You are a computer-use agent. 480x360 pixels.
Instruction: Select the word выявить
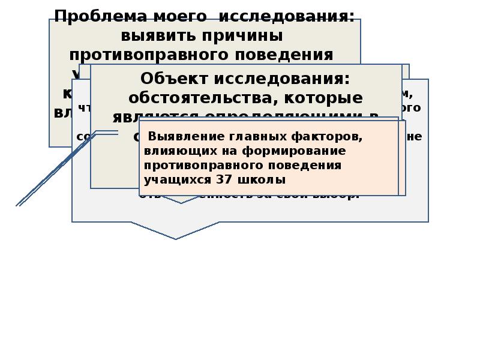point(158,35)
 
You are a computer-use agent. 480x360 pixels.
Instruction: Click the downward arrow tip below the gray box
point(175,238)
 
